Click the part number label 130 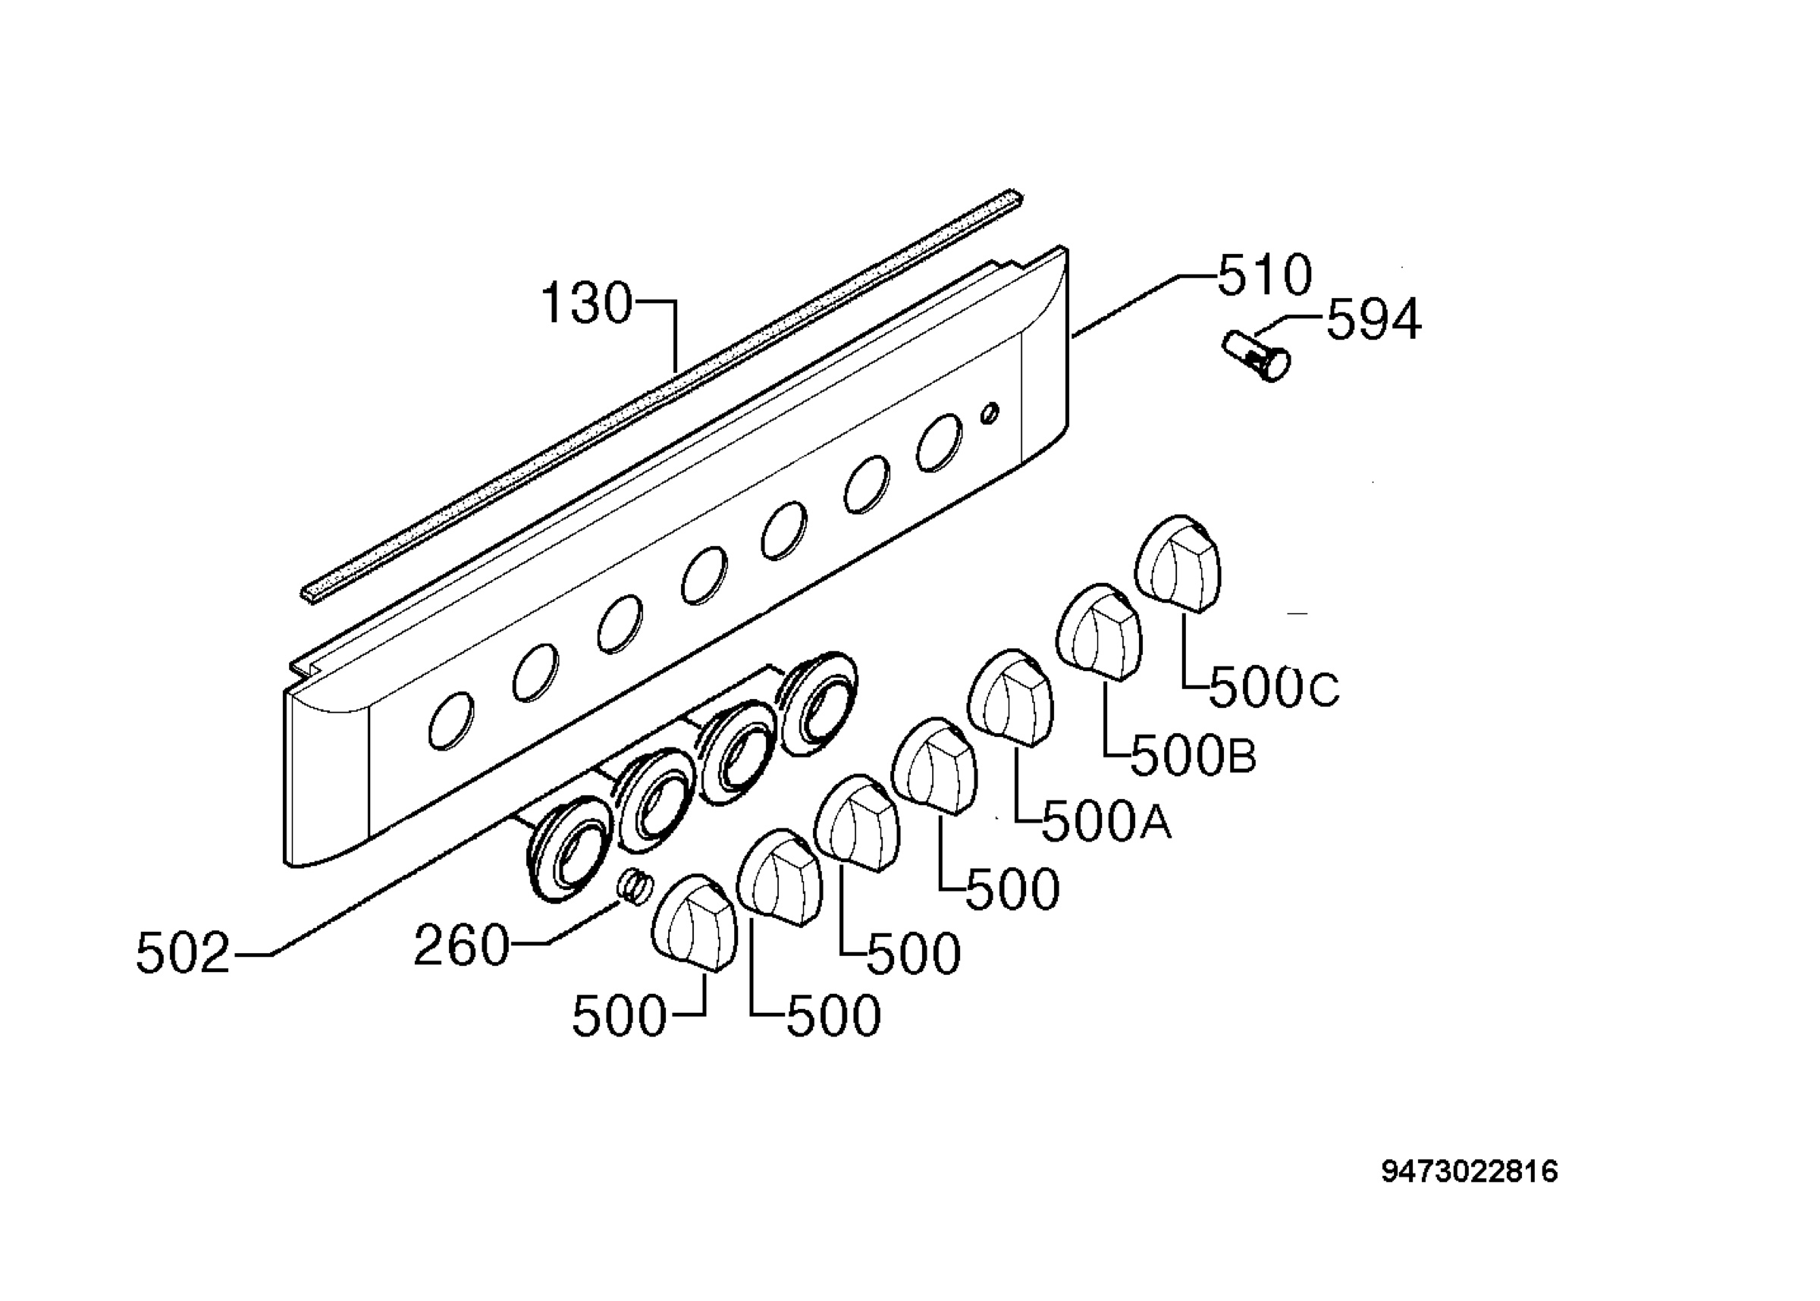(x=587, y=305)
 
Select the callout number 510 (x=1265, y=274)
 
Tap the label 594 (x=1374, y=320)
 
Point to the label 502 (x=184, y=953)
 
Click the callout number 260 (x=461, y=945)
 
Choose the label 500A (x=1106, y=821)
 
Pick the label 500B (x=1193, y=755)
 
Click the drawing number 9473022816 (x=1470, y=1172)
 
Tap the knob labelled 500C (x=1178, y=563)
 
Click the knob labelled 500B (x=1100, y=633)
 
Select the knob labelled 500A (x=1012, y=698)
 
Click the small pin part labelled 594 (x=1256, y=356)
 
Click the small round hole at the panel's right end (x=990, y=412)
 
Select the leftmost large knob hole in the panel (x=451, y=720)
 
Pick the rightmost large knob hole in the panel (x=939, y=442)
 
